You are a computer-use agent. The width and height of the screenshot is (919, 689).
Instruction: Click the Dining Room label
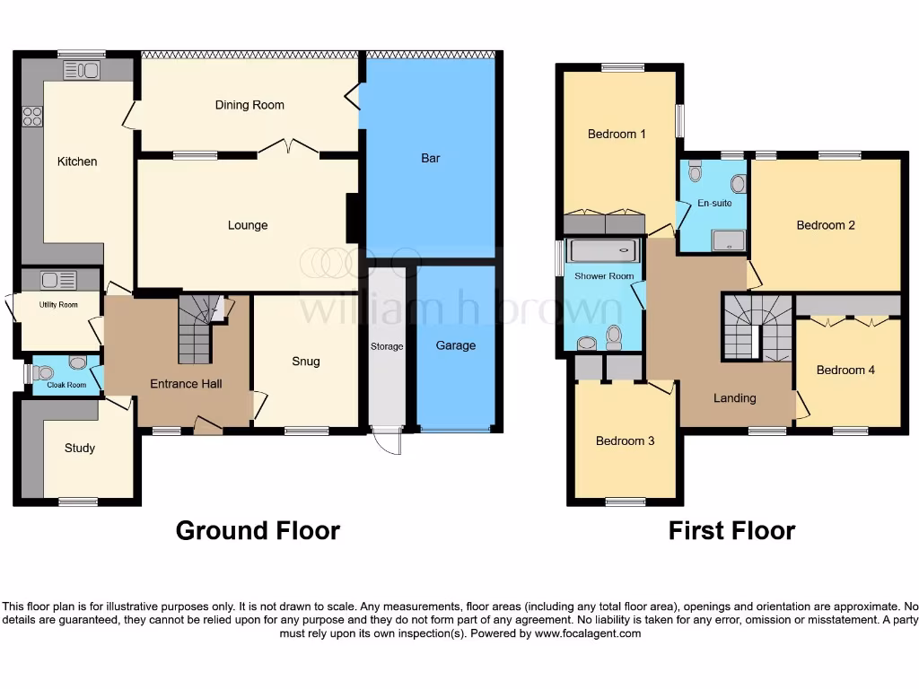click(249, 105)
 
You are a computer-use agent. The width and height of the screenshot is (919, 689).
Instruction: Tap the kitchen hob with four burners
click(32, 116)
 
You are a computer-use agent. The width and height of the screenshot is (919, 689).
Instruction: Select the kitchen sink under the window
click(82, 69)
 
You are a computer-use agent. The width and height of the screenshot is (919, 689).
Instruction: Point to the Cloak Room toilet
click(77, 363)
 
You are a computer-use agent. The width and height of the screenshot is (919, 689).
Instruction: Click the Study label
click(80, 448)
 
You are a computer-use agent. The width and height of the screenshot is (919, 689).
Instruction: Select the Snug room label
click(305, 362)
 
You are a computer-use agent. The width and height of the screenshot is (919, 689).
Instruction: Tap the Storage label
click(388, 346)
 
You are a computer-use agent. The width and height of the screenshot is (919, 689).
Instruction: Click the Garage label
click(456, 345)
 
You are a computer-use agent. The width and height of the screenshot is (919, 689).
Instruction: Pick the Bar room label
click(431, 159)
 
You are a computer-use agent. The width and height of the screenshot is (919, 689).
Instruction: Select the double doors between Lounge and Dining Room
click(288, 148)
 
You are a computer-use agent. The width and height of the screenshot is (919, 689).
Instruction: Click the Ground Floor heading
click(258, 530)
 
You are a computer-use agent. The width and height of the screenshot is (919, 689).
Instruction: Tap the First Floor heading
click(731, 530)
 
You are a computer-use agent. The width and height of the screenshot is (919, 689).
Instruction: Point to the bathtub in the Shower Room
click(604, 250)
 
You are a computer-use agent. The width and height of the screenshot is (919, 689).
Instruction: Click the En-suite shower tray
click(728, 240)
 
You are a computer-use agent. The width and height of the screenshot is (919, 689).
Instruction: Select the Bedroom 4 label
click(845, 370)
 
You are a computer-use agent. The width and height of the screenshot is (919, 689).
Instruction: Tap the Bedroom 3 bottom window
click(624, 501)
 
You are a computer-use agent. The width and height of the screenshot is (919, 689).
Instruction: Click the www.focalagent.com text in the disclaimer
click(588, 633)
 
